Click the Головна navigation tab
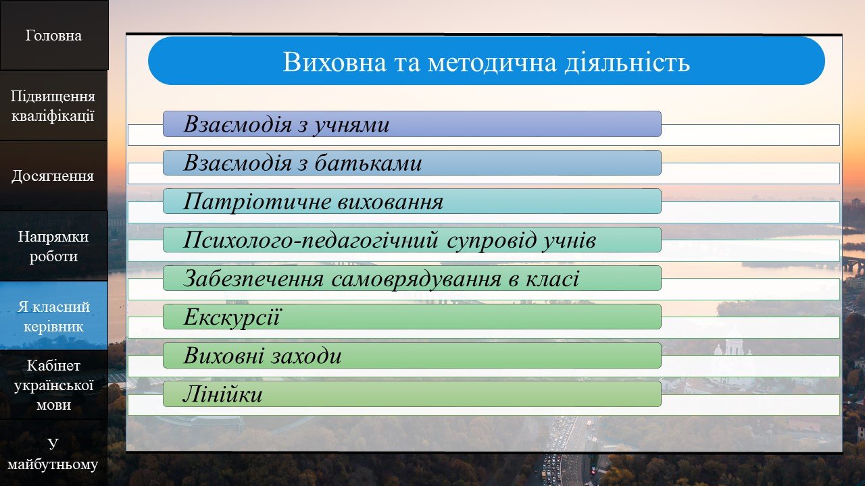click(54, 35)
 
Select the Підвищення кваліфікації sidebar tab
click(53, 106)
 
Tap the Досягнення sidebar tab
click(53, 176)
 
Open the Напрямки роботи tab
click(53, 246)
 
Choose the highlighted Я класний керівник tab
click(53, 316)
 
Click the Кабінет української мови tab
click(53, 385)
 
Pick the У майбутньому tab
click(53, 454)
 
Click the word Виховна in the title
click(335, 61)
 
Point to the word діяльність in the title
click(627, 61)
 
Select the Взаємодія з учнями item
click(412, 124)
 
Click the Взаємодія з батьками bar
click(412, 163)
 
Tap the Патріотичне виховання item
click(412, 201)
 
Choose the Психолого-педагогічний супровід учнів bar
click(412, 240)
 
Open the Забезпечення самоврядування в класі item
click(412, 278)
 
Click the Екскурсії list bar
click(412, 317)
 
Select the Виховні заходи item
click(412, 355)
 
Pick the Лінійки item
click(412, 394)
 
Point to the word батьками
click(368, 163)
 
